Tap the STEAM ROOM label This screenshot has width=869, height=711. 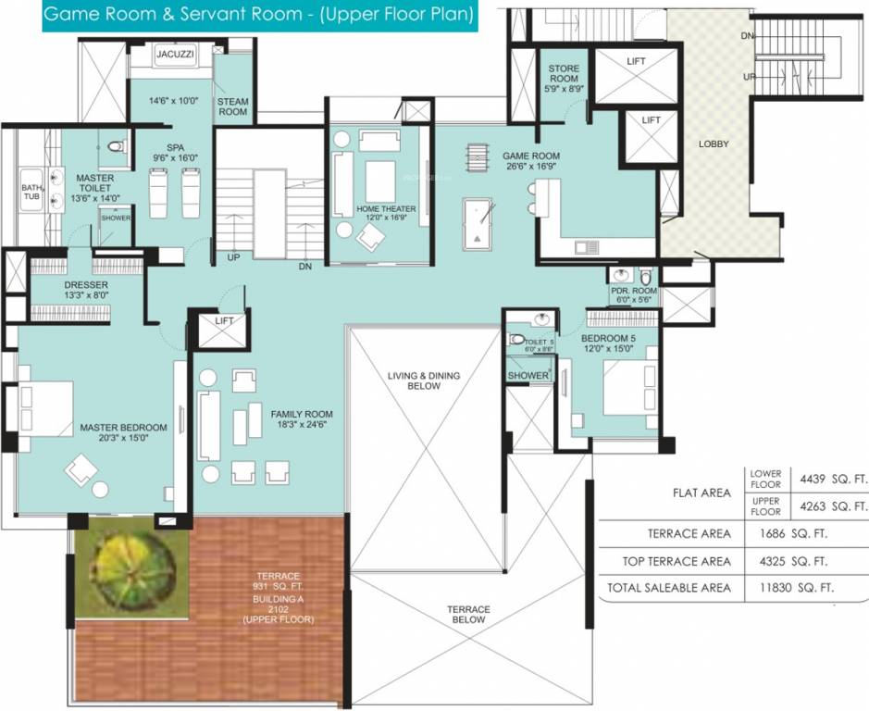click(x=232, y=106)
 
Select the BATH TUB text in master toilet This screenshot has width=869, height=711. click(x=31, y=193)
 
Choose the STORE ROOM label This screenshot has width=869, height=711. click(x=563, y=76)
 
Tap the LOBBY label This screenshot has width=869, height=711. click(x=714, y=144)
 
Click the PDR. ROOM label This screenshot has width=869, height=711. click(x=633, y=295)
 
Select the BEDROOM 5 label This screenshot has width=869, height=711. click(x=608, y=344)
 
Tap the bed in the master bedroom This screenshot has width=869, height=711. click(x=42, y=408)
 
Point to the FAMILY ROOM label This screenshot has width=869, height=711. click(x=302, y=419)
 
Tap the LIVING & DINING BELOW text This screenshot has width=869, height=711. click(x=423, y=380)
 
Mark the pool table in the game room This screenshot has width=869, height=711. click(x=478, y=222)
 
